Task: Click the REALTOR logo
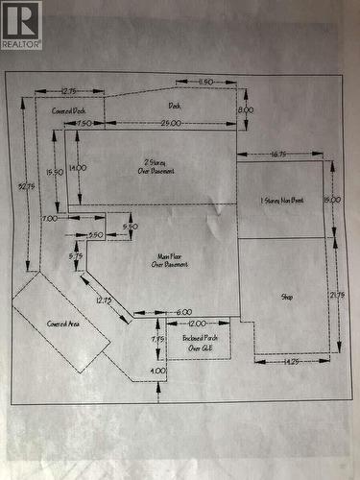point(21,25)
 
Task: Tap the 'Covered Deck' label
point(67,110)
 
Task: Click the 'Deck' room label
point(175,106)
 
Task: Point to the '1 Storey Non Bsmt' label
point(282,201)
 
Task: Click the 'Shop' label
point(287,297)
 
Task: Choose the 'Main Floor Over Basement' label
point(169,259)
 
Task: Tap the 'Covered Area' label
point(62,324)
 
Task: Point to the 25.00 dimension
point(172,124)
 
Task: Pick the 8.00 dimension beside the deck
point(246,110)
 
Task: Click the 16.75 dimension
point(280,154)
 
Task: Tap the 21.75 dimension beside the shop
point(337,294)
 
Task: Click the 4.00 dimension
point(158,370)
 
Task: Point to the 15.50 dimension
point(56,171)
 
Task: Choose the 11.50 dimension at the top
point(204,83)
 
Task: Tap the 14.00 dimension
point(78,167)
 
